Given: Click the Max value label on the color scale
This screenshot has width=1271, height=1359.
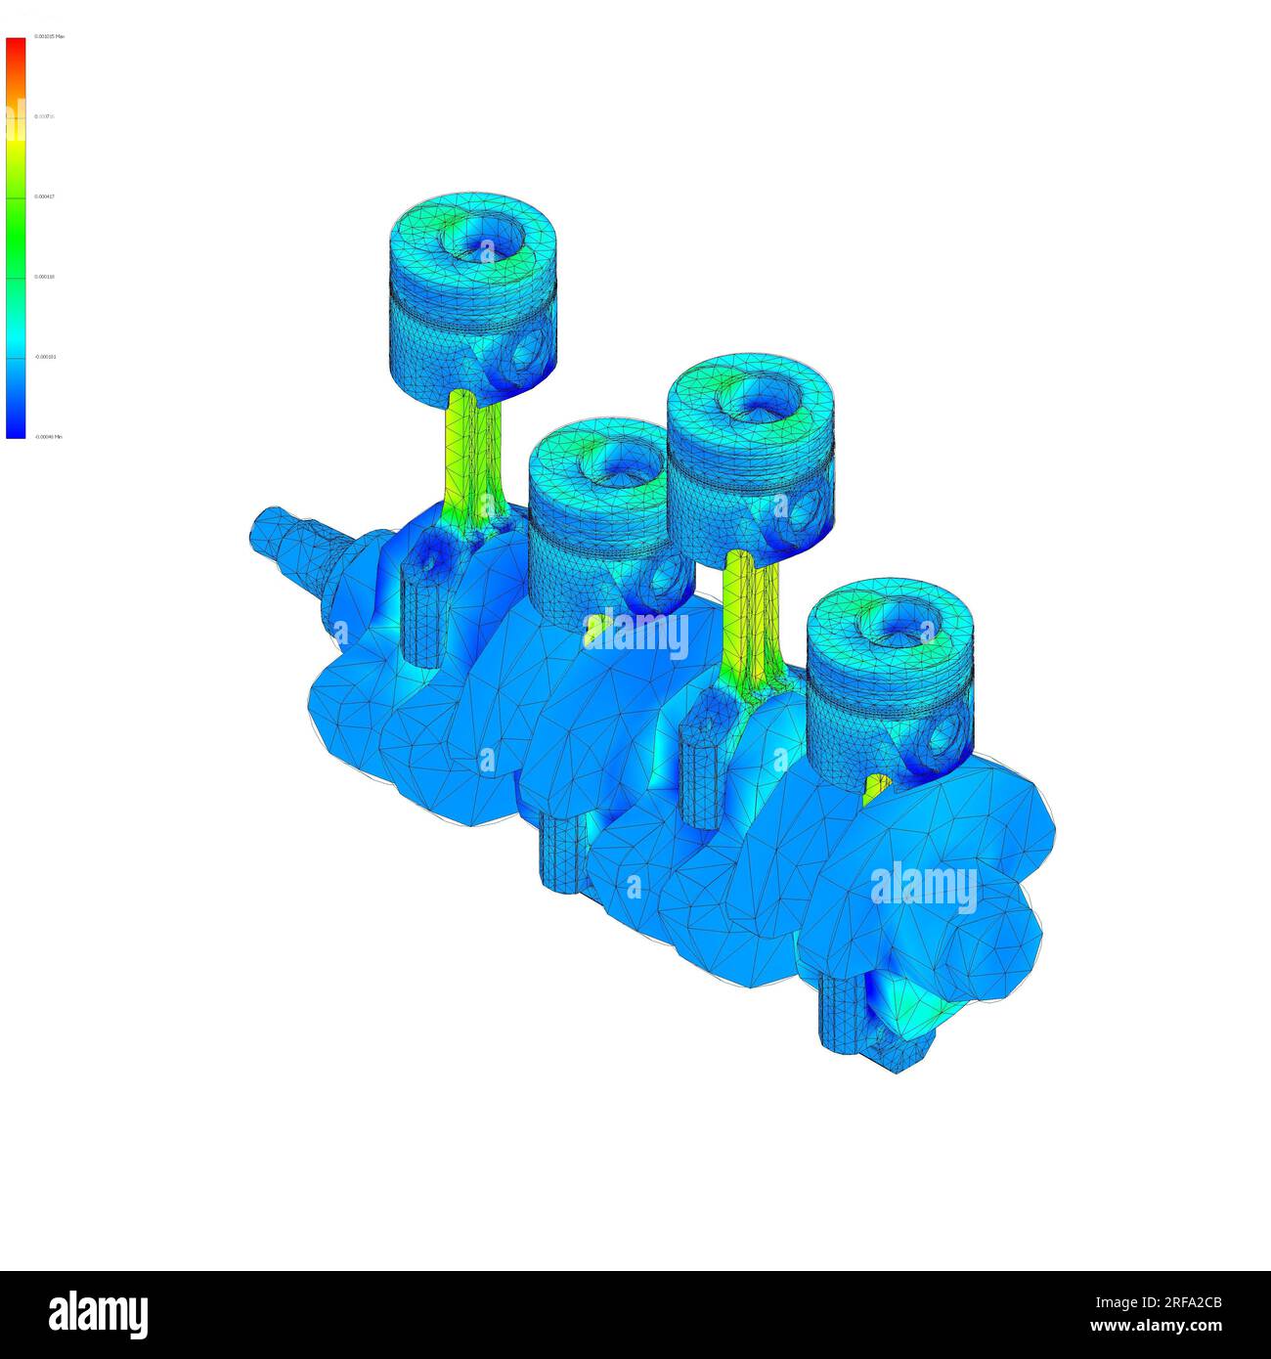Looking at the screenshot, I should click(49, 36).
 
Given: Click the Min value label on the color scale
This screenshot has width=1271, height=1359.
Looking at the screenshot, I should click(49, 437).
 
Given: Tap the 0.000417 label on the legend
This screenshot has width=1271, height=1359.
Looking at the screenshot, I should click(45, 197).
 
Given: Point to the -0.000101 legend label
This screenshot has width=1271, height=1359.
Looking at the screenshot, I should click(46, 357).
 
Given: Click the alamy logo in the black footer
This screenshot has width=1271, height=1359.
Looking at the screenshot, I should click(98, 1315).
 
